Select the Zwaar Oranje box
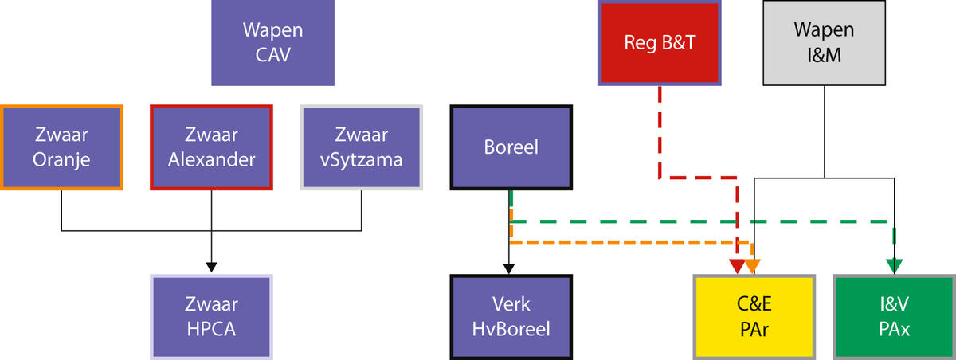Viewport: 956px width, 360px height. (61, 147)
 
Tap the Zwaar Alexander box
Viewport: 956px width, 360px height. (211, 147)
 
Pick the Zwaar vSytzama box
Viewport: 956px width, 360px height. (362, 147)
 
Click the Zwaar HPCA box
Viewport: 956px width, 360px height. (211, 316)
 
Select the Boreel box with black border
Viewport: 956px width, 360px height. (511, 147)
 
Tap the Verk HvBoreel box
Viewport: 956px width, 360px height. (511, 316)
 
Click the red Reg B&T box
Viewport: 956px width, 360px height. (660, 42)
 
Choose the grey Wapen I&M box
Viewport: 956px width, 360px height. (825, 42)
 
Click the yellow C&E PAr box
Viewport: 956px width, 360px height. (754, 316)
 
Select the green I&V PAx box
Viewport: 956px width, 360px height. (894, 316)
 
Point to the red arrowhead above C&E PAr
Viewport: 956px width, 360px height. (738, 265)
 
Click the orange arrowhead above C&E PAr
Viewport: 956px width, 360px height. (753, 265)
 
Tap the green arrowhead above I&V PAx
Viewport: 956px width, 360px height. (894, 265)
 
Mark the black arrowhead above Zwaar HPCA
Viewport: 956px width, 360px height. (211, 266)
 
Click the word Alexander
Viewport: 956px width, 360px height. (211, 159)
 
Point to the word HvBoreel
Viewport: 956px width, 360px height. (511, 328)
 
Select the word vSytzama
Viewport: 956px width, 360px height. (362, 159)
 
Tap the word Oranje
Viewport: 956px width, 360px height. (61, 159)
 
